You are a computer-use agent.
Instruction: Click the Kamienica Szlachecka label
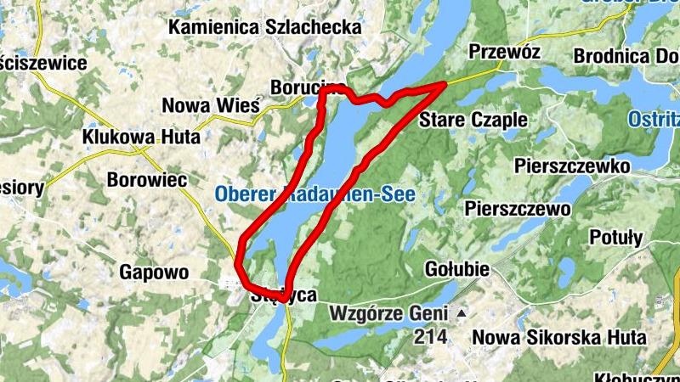265,27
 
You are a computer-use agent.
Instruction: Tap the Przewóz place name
504,53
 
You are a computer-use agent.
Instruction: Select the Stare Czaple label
473,119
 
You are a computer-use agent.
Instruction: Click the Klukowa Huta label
141,137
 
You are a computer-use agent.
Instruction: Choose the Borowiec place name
148,180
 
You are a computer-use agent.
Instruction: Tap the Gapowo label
153,272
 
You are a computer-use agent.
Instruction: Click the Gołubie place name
456,269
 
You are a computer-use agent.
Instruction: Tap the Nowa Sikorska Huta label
558,337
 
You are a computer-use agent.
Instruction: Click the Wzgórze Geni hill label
392,315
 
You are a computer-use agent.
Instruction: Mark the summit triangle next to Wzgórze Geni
461,314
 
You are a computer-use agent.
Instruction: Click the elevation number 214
431,337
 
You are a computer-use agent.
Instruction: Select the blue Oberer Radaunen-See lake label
314,194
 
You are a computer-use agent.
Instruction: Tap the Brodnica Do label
624,56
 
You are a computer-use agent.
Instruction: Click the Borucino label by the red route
307,87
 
